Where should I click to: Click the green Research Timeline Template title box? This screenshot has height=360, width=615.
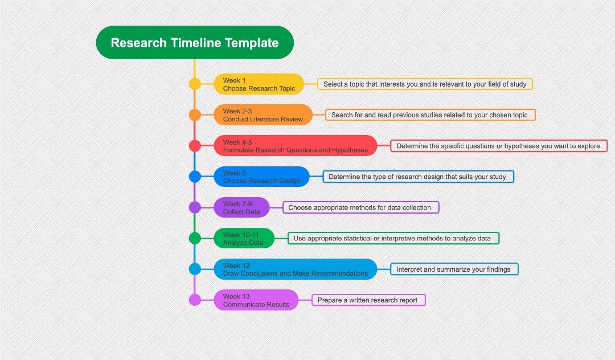[x=195, y=43]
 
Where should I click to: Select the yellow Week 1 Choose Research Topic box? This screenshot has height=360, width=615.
[x=259, y=84]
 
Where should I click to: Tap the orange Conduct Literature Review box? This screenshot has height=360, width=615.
[x=263, y=115]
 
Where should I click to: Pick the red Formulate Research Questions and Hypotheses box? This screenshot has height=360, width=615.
[x=295, y=146]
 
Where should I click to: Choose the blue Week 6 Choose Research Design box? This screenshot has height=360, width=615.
[x=261, y=177]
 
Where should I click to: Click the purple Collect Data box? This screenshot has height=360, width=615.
[x=241, y=207]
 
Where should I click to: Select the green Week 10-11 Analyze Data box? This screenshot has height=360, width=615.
[x=244, y=238]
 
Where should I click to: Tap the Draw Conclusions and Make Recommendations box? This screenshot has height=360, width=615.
[x=295, y=269]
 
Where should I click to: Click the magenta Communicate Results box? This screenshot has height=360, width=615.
[x=256, y=300]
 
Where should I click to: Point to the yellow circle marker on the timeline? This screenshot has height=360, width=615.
[x=195, y=84]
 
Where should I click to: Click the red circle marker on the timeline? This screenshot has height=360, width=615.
[x=195, y=146]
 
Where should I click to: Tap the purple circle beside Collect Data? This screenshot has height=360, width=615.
[x=195, y=207]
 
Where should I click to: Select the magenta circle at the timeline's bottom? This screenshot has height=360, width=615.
[x=195, y=300]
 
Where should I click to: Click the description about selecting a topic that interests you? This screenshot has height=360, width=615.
[x=425, y=84]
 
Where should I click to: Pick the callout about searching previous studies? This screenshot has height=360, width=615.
[x=429, y=115]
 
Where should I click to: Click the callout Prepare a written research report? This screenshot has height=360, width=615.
[x=368, y=300]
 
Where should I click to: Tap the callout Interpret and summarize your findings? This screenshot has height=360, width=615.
[x=454, y=269]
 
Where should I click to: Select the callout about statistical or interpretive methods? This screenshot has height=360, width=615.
[x=392, y=238]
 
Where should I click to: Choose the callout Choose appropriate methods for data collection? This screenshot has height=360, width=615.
[x=360, y=207]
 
